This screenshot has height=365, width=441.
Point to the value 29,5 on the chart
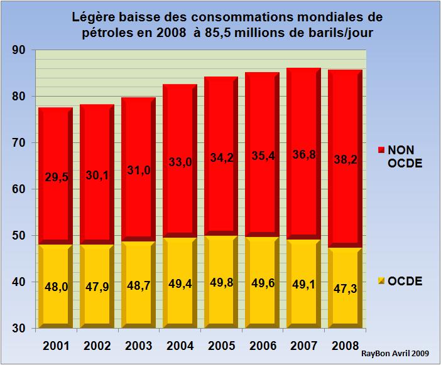tap(57, 177)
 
